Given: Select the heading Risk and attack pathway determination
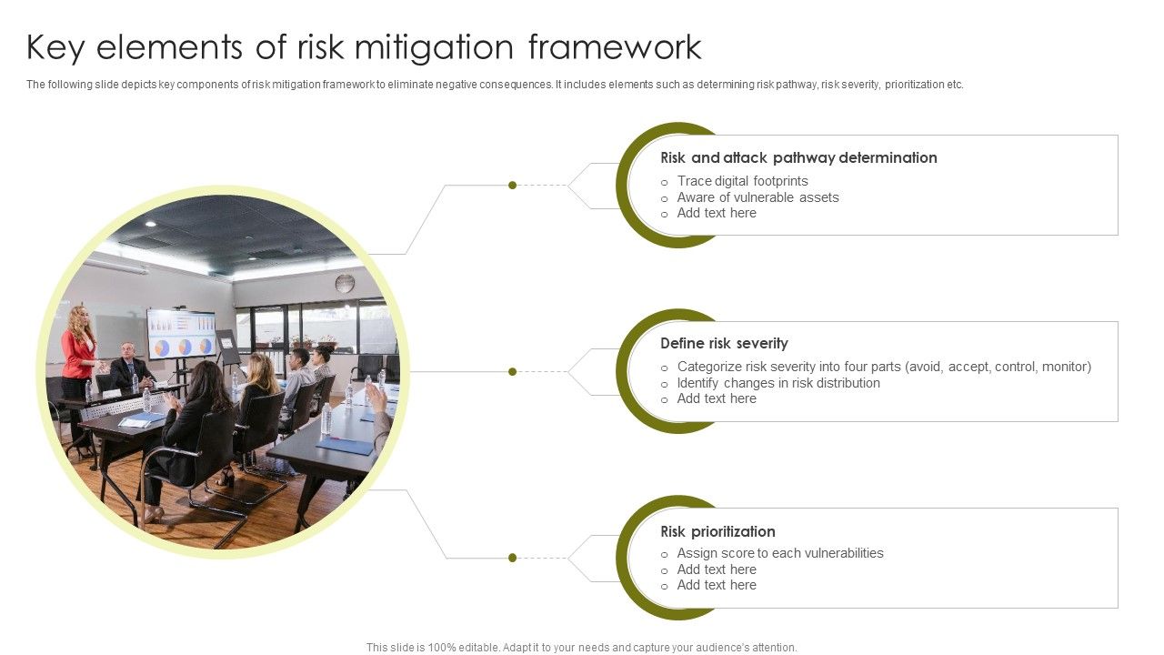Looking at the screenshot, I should click(x=798, y=157).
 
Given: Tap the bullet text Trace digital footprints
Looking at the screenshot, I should click(x=742, y=181).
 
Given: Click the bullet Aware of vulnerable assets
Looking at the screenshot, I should click(x=758, y=197).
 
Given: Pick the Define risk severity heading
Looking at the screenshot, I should click(x=724, y=343).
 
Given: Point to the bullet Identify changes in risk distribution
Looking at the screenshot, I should click(x=778, y=383).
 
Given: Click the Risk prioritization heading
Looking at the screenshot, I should click(x=717, y=531).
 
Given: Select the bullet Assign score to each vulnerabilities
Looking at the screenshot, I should click(x=780, y=553).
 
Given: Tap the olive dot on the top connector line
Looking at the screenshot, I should click(x=512, y=186).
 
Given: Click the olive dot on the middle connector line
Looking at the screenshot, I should click(x=512, y=371).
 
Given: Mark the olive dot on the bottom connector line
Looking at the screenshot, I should click(x=512, y=558).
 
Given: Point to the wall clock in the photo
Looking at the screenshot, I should click(x=345, y=283).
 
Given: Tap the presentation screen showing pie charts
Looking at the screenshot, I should click(x=181, y=334).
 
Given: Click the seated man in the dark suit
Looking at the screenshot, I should click(x=130, y=366).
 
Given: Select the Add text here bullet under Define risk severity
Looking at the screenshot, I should click(x=717, y=398).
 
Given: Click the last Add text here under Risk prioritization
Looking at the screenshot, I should click(x=717, y=585).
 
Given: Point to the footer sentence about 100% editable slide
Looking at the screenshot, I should click(x=581, y=648).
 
